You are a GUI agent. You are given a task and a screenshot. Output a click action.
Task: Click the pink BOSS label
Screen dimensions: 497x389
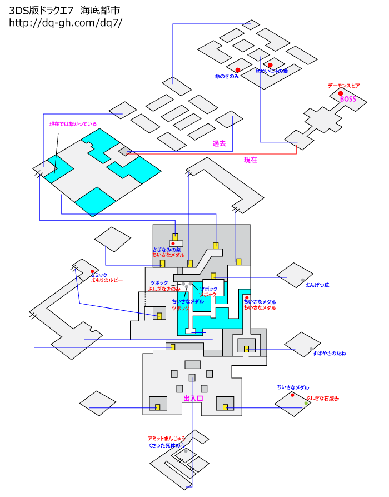pos(348,99)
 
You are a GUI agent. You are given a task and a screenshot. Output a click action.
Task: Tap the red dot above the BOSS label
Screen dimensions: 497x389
pos(341,93)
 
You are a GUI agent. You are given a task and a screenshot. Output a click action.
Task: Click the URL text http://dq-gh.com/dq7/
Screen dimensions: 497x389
pos(65,22)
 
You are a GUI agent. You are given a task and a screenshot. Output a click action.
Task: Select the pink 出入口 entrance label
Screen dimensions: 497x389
pos(193,399)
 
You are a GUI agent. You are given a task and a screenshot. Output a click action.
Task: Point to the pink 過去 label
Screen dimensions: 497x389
pos(219,143)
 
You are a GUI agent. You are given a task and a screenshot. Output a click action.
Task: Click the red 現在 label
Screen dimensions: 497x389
pos(251,160)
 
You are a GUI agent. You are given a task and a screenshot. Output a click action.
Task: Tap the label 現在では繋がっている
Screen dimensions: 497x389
pos(73,124)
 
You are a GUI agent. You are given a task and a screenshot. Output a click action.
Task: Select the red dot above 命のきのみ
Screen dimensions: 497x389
pos(238,69)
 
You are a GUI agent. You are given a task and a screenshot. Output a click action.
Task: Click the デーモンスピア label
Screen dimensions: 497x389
pos(343,86)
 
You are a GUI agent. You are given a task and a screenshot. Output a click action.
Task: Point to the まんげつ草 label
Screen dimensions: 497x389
pos(317,285)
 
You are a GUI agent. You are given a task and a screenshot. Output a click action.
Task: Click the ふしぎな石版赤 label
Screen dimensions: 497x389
pos(322,399)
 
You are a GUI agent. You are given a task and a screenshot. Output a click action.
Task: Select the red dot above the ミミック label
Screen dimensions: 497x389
pos(92,271)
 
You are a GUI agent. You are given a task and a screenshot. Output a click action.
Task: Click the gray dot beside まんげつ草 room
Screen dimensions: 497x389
pos(303,280)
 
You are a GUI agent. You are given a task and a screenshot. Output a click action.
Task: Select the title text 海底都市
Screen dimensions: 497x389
pos(100,11)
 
